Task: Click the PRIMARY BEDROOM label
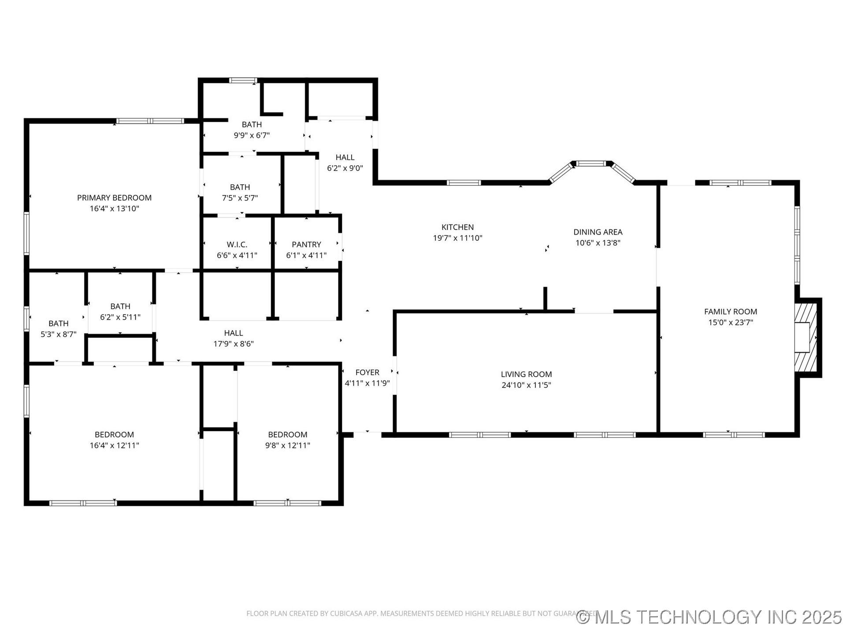click(x=114, y=198)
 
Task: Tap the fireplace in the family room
click(x=805, y=337)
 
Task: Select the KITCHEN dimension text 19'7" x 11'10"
click(x=457, y=238)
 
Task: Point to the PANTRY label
click(x=306, y=244)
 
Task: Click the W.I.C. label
click(x=237, y=244)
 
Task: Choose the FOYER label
click(x=367, y=373)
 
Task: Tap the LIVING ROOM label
click(x=526, y=374)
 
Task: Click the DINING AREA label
click(x=597, y=232)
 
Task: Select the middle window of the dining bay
click(x=591, y=164)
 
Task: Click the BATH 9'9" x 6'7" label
click(x=252, y=125)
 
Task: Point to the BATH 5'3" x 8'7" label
click(x=58, y=324)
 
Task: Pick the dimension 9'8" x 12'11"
click(x=287, y=445)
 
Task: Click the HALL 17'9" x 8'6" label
click(x=233, y=333)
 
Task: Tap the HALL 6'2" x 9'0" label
click(x=345, y=157)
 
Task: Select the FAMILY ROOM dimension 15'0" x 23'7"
click(x=730, y=322)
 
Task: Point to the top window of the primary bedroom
click(x=150, y=121)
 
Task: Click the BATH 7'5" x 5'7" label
click(x=240, y=187)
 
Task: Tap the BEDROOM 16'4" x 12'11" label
click(x=114, y=435)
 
